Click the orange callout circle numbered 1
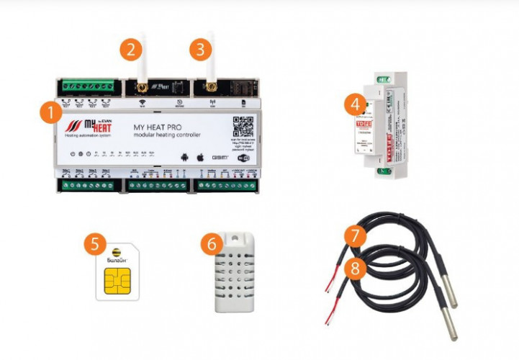click(x=50, y=112)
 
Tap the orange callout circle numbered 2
click(x=129, y=50)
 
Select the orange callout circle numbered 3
click(x=201, y=50)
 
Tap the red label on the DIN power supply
click(x=362, y=125)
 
